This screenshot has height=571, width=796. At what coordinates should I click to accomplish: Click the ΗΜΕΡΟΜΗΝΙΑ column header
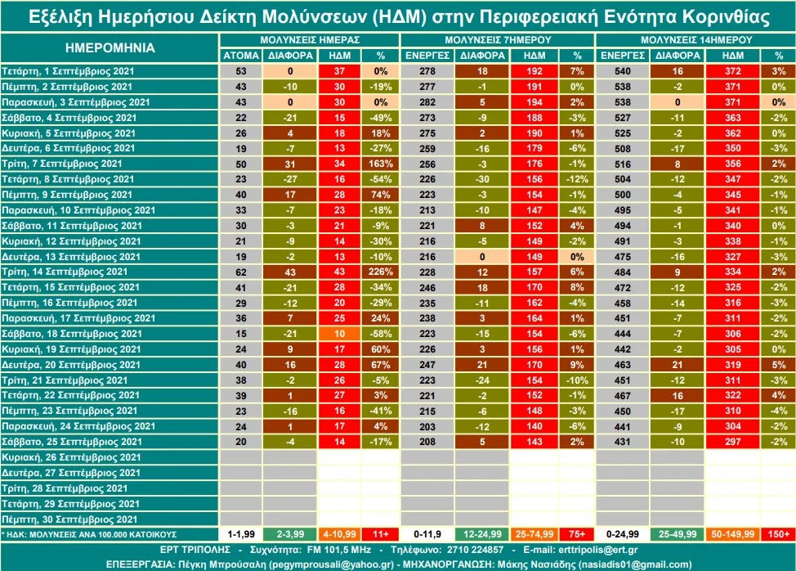coord(110,47)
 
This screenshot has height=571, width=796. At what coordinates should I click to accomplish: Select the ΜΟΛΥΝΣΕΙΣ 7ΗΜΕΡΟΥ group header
coord(498,39)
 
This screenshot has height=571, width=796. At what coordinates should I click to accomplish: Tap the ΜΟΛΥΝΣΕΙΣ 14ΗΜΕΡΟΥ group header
coord(696,39)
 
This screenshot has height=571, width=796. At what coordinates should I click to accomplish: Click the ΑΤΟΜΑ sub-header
coord(241,56)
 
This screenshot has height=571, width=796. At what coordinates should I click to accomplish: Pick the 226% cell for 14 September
coord(380,272)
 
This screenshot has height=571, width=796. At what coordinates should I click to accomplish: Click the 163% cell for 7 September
coord(380,164)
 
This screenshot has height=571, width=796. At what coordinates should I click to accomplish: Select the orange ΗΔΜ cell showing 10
coord(339,334)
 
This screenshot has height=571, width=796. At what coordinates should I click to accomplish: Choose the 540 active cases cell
coord(623,71)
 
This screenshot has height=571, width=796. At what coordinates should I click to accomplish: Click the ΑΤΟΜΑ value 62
coord(241,272)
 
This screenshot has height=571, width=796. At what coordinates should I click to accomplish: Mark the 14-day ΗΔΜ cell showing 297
coord(732,442)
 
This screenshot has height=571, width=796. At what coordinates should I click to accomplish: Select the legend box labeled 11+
coord(380,534)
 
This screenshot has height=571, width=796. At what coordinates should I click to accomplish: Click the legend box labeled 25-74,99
coord(534,534)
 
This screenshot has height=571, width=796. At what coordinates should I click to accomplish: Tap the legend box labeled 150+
coord(778,534)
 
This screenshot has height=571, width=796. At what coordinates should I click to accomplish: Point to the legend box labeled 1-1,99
coord(241,534)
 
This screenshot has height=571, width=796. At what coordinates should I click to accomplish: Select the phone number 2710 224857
coord(475,550)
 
